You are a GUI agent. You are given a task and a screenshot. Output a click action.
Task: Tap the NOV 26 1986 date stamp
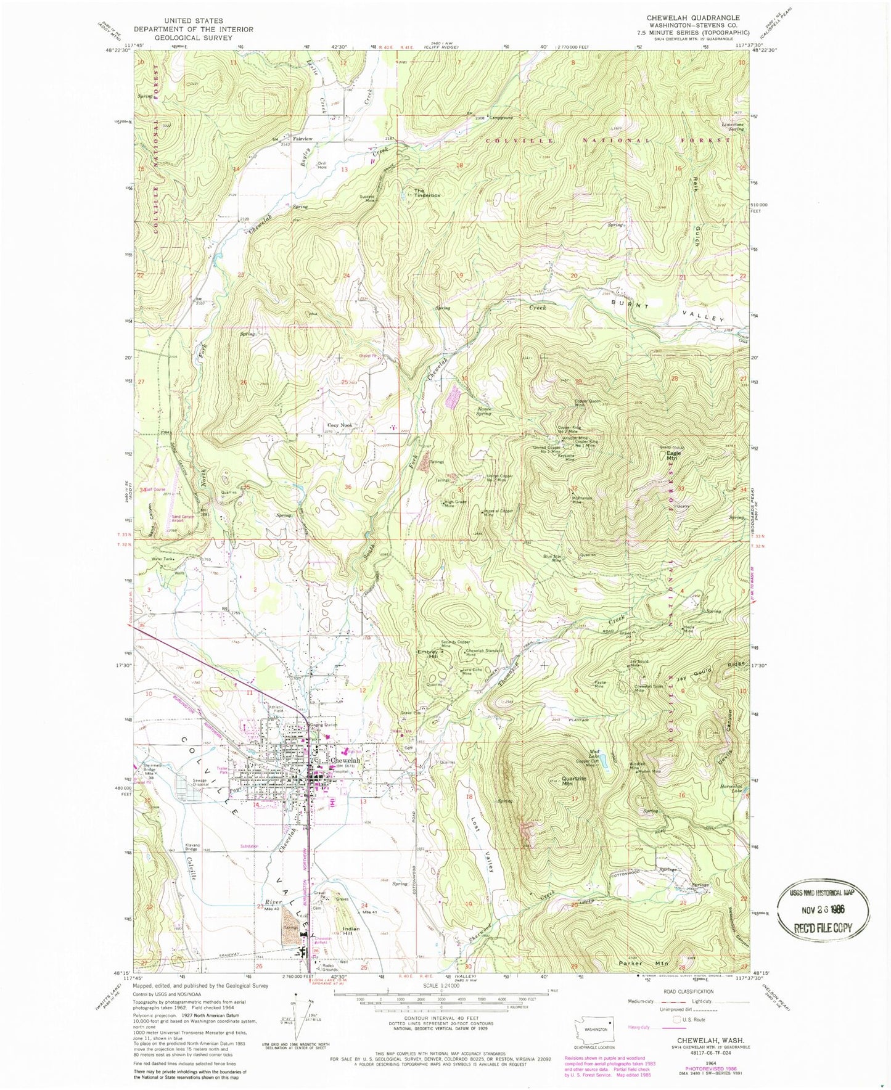click(824, 909)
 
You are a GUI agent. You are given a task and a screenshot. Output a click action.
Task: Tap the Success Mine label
click(367, 199)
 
